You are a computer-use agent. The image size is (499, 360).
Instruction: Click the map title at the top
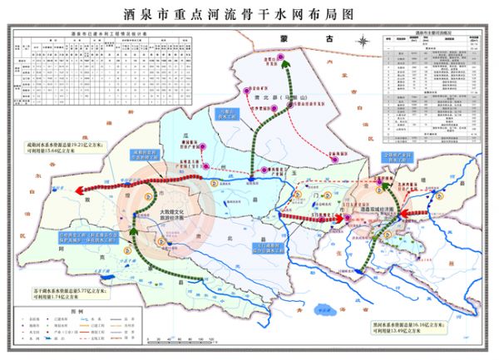(249, 15)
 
